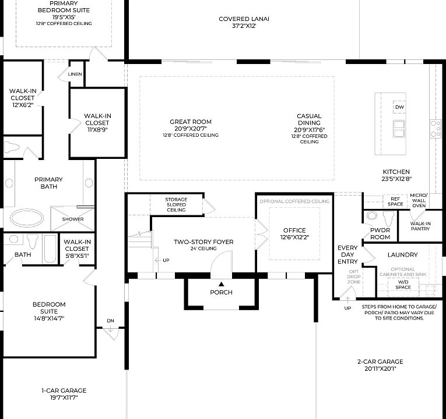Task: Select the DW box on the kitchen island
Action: tap(399, 107)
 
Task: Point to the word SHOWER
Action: tap(73, 219)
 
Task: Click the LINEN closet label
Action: tap(75, 74)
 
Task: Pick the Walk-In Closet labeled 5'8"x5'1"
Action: tap(76, 249)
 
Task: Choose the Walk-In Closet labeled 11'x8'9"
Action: tap(97, 123)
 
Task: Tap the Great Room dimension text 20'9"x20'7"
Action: tap(191, 129)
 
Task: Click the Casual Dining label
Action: tap(309, 119)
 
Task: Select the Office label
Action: tap(294, 230)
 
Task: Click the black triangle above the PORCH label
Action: tap(221, 283)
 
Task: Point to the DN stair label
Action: tap(110, 321)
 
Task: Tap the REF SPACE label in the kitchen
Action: tap(396, 201)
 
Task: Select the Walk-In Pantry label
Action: tap(420, 226)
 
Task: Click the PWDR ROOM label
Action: tap(380, 233)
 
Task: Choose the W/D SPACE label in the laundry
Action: tap(404, 284)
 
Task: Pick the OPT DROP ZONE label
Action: tap(353, 276)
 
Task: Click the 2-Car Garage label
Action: tap(380, 364)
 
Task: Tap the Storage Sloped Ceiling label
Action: tap(175, 204)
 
